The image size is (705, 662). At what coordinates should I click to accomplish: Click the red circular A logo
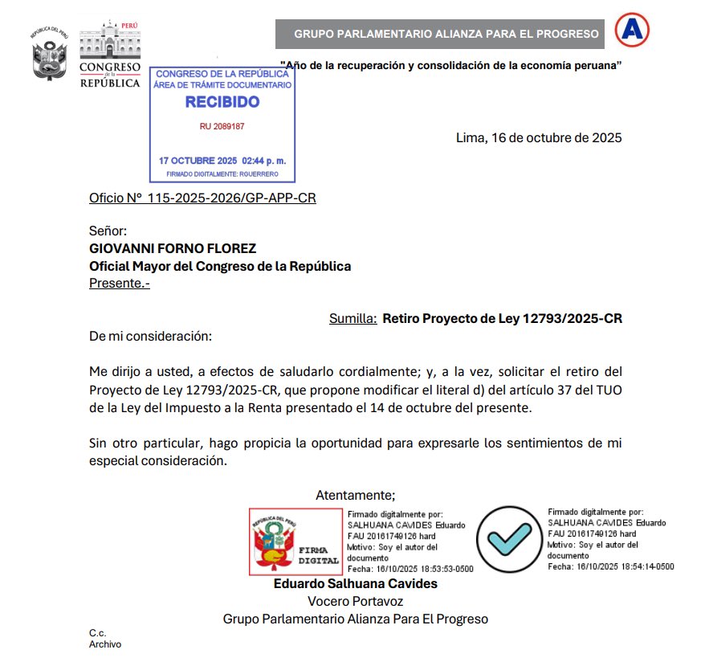632,31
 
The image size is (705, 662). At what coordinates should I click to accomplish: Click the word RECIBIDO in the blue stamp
222,102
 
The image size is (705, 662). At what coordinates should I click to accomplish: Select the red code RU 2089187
222,127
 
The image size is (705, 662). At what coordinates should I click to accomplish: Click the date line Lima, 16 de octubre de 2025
538,137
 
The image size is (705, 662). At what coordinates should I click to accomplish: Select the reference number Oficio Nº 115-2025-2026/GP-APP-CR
202,198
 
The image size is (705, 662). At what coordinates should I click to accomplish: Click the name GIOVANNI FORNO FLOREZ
173,249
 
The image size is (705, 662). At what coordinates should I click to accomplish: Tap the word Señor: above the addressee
108,231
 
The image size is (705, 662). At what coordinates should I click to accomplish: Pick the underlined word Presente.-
119,283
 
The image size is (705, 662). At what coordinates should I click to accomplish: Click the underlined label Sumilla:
352,318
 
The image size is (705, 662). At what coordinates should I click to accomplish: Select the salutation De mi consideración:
150,336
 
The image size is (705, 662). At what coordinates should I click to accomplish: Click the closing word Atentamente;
355,495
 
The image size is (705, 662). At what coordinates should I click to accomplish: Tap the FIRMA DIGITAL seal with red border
295,541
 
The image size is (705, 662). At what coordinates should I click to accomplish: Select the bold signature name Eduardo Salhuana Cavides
355,584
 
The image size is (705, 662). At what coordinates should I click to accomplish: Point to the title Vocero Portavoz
355,601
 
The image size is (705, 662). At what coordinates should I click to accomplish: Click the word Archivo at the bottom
104,644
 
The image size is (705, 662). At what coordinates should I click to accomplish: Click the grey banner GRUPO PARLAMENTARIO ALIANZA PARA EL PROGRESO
446,34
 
